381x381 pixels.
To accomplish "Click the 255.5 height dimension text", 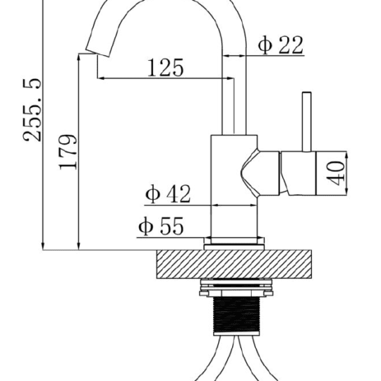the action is (x=32, y=110).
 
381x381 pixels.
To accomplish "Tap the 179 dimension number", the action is (x=68, y=152).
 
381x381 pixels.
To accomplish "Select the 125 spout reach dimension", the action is (x=166, y=68).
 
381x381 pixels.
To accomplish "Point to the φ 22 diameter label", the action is (x=281, y=44).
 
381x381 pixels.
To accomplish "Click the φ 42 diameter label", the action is (x=168, y=194).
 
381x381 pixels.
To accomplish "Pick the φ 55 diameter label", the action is (x=161, y=226).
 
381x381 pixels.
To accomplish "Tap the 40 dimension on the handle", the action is (x=336, y=173).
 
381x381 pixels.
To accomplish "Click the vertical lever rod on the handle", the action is (x=307, y=122).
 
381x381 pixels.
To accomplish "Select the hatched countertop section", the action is (x=234, y=264).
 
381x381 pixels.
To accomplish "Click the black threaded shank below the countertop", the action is (x=236, y=316).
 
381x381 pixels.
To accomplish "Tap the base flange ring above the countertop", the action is (x=234, y=243).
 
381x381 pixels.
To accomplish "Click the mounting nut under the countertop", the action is (x=236, y=288).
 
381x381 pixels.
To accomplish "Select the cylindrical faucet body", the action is (x=234, y=186).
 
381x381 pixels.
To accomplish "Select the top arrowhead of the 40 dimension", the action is (x=346, y=155).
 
